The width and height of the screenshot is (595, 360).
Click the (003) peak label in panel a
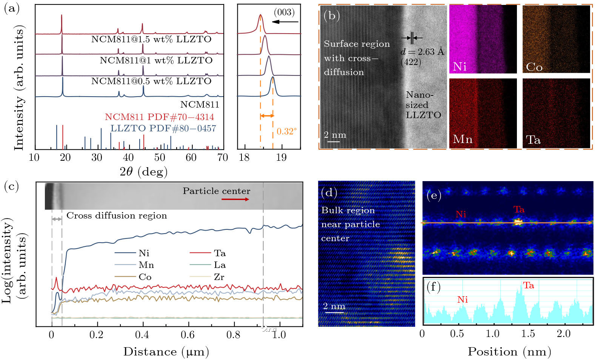point(284,12)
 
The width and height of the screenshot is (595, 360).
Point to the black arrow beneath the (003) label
point(285,22)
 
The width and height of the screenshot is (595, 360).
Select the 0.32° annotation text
point(286,131)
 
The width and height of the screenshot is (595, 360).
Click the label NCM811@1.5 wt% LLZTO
point(151,39)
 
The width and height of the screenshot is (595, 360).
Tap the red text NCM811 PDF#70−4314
point(159,117)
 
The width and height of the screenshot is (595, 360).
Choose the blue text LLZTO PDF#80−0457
point(163,128)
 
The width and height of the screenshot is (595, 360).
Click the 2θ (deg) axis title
point(143,172)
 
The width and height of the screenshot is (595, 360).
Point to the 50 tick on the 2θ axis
point(160,157)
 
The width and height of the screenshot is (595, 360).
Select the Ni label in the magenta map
point(460,67)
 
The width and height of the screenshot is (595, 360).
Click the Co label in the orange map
point(534,67)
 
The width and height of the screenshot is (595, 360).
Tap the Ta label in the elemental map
point(533,140)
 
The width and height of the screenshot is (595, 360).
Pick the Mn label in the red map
point(463,140)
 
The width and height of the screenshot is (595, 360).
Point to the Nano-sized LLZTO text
point(423,105)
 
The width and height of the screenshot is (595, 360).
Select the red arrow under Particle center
point(235,199)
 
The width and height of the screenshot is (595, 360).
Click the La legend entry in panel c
point(220,265)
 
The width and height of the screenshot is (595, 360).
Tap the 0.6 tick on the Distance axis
point(188,335)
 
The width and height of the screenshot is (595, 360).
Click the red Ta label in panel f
point(528,286)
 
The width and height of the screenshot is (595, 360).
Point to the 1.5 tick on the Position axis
point(528,334)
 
